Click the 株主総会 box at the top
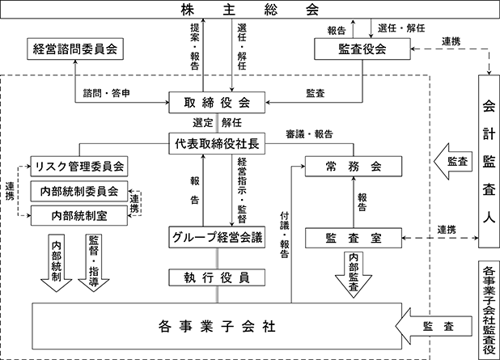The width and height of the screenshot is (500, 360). click(x=250, y=10)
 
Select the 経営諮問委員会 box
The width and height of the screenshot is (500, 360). click(x=75, y=49)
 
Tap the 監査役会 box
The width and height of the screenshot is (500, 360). click(x=362, y=49)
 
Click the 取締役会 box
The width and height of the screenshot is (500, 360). click(x=217, y=103)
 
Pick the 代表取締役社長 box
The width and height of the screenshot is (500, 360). click(x=217, y=143)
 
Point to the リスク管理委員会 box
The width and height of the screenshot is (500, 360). click(x=79, y=166)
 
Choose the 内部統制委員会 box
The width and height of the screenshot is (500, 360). click(x=79, y=191)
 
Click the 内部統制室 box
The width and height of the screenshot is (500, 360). click(x=79, y=215)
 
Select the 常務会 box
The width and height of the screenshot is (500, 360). click(x=354, y=166)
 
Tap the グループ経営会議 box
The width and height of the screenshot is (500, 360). click(x=217, y=237)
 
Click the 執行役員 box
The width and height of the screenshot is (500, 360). click(x=217, y=277)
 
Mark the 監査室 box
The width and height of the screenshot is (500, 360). click(x=354, y=238)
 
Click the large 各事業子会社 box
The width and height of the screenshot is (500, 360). click(x=217, y=326)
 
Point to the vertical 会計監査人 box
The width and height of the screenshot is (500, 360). click(x=489, y=161)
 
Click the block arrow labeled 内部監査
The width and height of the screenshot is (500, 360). click(x=354, y=274)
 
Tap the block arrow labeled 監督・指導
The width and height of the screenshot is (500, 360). click(x=94, y=263)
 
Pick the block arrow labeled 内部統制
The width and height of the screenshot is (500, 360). click(x=57, y=263)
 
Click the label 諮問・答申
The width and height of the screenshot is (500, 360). click(x=107, y=93)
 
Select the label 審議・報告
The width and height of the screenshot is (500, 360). click(x=309, y=134)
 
